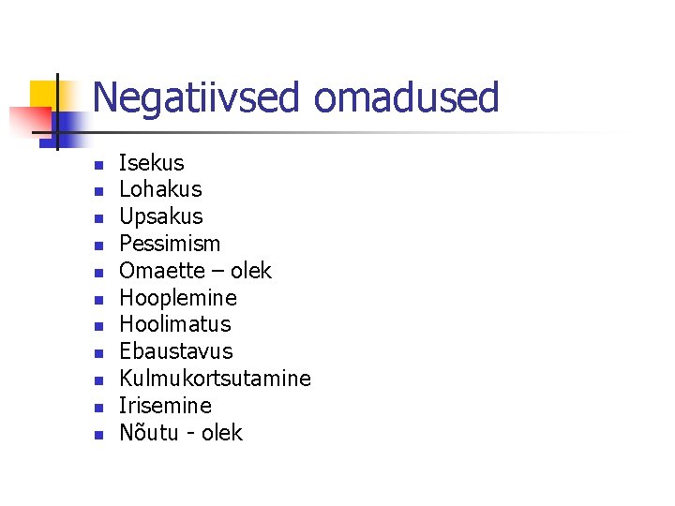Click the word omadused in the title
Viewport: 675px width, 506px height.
click(x=406, y=97)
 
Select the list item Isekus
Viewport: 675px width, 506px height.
click(x=152, y=163)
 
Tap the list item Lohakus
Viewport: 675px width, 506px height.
click(x=160, y=189)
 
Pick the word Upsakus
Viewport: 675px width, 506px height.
click(x=161, y=216)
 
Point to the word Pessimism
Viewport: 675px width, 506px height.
click(x=170, y=244)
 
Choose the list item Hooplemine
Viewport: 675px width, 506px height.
click(x=178, y=298)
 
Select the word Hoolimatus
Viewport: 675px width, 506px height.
click(x=175, y=324)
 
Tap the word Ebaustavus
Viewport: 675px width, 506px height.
click(x=176, y=351)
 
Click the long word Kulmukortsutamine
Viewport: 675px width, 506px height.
click(x=215, y=379)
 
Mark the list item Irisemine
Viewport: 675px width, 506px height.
click(x=166, y=406)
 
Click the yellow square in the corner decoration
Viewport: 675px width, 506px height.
click(x=45, y=94)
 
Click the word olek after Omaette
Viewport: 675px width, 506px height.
click(x=250, y=271)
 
